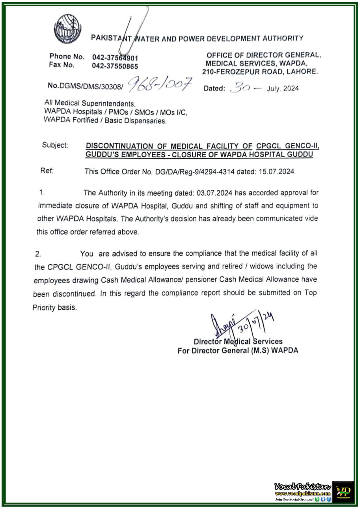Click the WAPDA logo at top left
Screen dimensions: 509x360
68,29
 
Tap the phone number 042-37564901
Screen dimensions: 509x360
115,58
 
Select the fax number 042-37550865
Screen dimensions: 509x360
115,66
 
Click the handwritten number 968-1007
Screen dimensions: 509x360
160,85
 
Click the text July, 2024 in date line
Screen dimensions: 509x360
282,88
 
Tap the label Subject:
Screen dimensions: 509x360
55,145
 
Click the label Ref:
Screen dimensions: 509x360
47,171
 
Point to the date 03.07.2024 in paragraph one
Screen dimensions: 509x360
214,193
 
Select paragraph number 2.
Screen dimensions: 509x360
38,254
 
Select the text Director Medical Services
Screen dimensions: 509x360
238,342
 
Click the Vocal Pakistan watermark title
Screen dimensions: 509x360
302,486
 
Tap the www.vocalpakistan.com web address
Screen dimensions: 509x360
302,494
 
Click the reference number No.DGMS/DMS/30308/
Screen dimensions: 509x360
85,86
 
